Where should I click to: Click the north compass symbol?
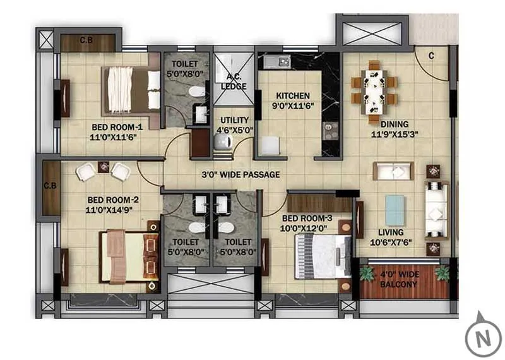click(483, 333)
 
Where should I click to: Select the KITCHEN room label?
click(292, 96)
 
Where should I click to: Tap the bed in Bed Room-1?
click(132, 90)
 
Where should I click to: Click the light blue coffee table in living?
click(395, 210)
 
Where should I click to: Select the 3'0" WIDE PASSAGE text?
click(241, 174)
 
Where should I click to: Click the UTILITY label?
click(234, 119)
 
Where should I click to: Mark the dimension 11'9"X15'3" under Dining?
click(394, 135)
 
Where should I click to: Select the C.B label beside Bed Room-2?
click(49, 188)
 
